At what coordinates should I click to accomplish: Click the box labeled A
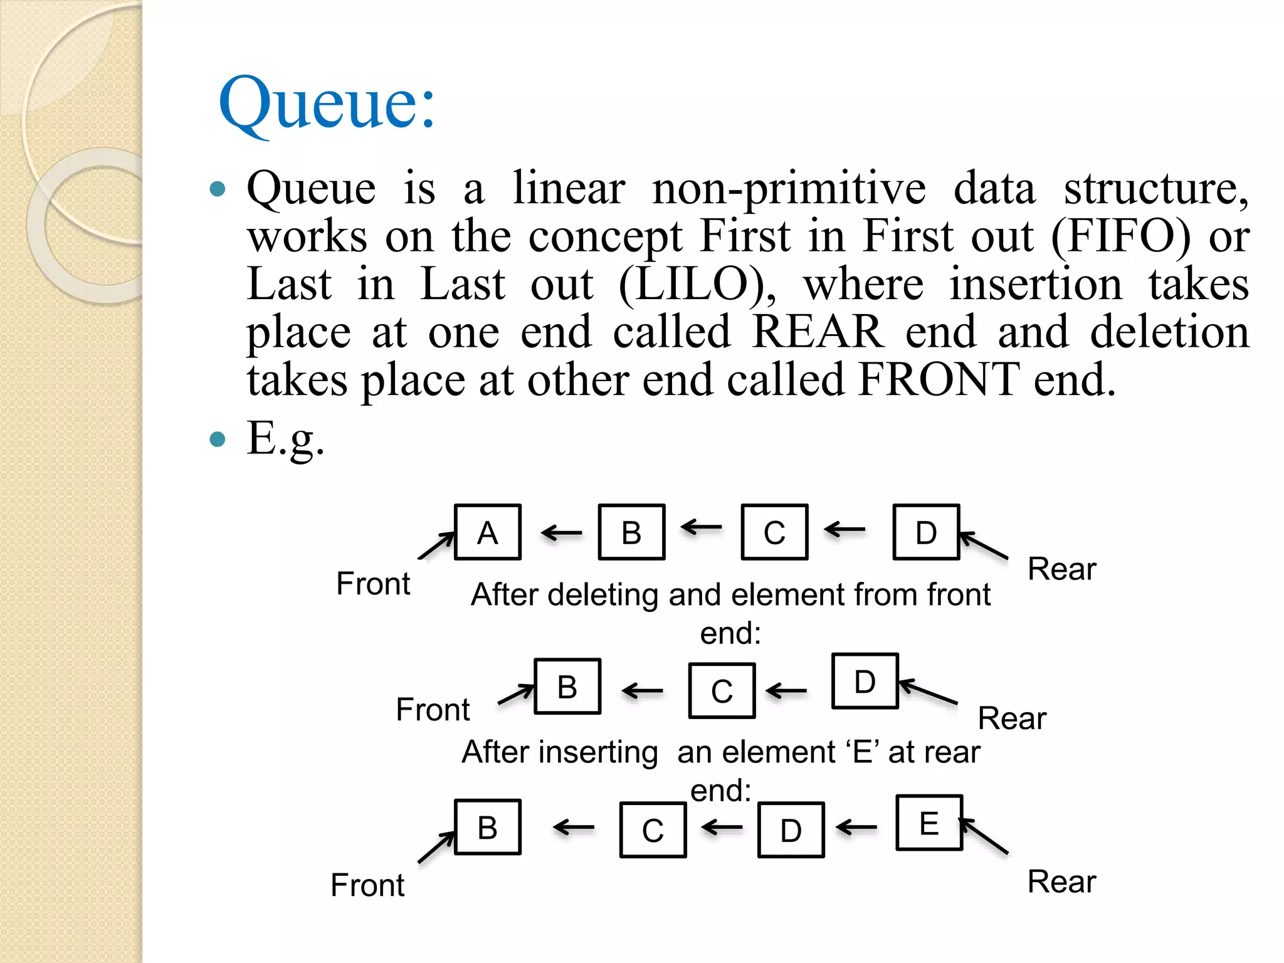[x=488, y=532]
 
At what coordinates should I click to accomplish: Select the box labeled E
[x=929, y=823]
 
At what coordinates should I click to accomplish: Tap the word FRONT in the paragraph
[x=939, y=379]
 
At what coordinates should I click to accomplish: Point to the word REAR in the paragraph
[x=818, y=332]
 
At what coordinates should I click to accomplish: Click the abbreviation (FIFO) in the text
[x=1120, y=236]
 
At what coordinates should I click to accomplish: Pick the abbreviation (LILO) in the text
[x=697, y=284]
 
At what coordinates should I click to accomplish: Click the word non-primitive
[x=789, y=188]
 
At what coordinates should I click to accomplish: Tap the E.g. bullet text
[x=286, y=438]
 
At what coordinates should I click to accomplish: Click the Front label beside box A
[x=373, y=584]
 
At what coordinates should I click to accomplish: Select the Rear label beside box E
[x=1061, y=881]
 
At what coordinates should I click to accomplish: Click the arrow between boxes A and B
[x=561, y=534]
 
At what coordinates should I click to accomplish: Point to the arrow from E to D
[x=856, y=828]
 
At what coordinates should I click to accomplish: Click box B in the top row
[x=631, y=532]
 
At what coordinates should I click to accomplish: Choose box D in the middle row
[x=865, y=681]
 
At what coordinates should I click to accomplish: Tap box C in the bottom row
[x=653, y=830]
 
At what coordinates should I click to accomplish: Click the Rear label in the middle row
[x=1012, y=718]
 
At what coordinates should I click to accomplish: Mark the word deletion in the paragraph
[x=1169, y=332]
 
